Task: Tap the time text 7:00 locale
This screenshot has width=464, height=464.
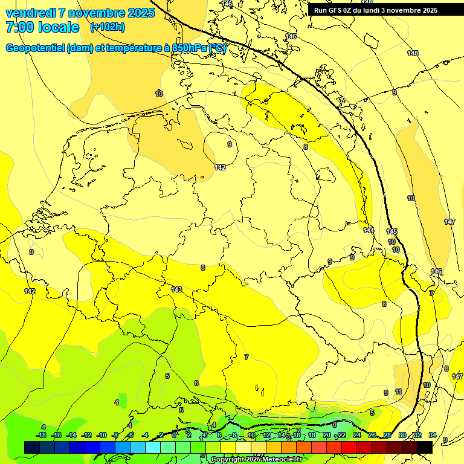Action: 42,27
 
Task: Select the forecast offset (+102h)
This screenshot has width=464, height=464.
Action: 108,27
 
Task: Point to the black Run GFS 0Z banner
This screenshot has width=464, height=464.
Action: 375,10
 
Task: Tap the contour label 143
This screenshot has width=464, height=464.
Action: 176,289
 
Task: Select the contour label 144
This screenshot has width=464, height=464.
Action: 369,230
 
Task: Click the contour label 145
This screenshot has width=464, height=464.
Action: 391,231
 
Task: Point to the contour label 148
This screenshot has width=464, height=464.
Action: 412,53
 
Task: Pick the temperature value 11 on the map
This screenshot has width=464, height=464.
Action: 398,391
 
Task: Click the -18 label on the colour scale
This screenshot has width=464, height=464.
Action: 41,435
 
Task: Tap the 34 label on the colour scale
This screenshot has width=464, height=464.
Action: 433,435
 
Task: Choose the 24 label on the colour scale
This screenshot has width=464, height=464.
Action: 356,435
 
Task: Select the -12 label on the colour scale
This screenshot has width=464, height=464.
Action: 86,435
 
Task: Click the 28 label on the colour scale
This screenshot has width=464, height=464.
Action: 387,435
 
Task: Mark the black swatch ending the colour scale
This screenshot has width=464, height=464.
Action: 425,447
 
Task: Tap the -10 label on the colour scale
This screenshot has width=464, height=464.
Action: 101,435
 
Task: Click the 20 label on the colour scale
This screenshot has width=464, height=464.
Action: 326,435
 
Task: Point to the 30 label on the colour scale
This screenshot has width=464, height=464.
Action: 402,435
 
